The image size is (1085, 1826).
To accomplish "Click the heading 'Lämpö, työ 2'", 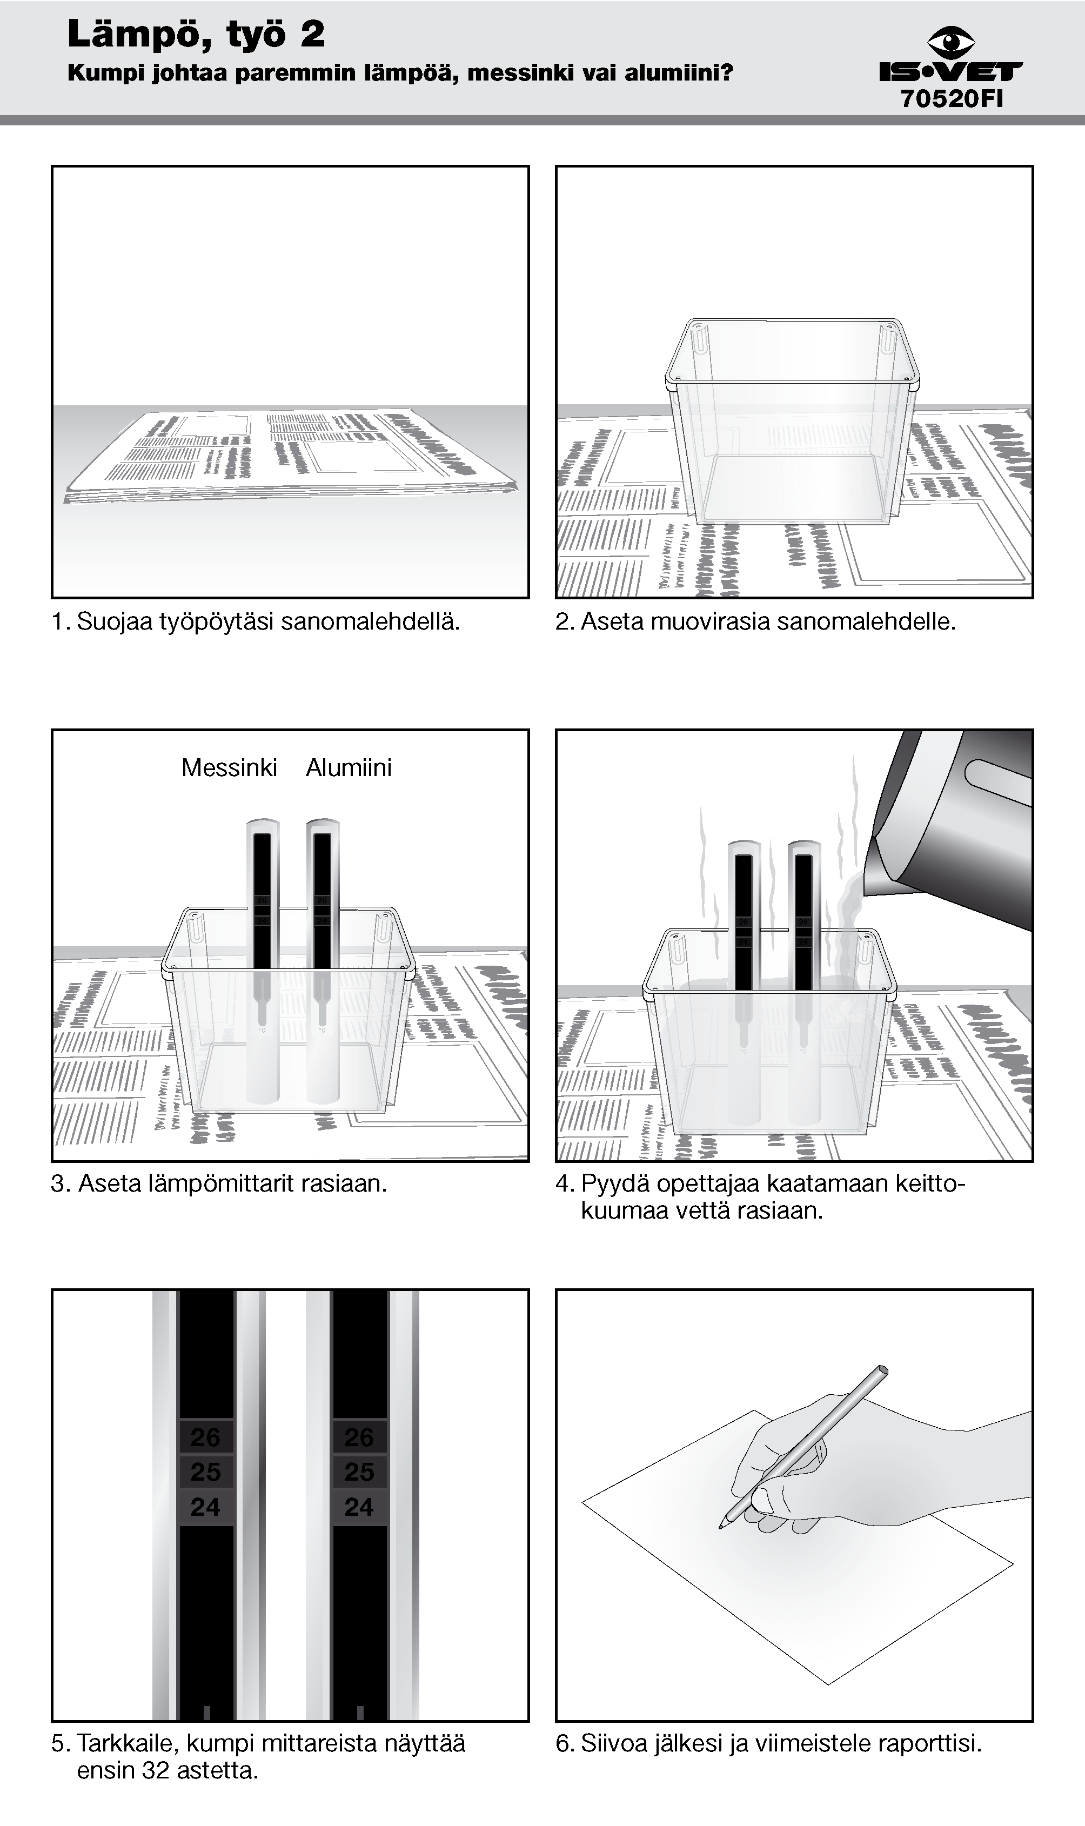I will pos(196,35).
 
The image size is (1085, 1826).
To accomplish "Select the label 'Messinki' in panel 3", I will pos(229,767).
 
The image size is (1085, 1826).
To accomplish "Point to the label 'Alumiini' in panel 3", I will pos(349,767).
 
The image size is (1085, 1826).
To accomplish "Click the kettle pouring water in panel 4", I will pos(958,826).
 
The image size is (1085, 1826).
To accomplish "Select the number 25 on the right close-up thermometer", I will pos(359,1471).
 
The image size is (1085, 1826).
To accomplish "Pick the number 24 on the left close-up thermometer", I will pos(205,1507).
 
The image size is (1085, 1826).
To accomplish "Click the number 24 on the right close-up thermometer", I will pos(359,1507).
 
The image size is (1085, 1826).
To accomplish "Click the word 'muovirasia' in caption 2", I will pos(710,622).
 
